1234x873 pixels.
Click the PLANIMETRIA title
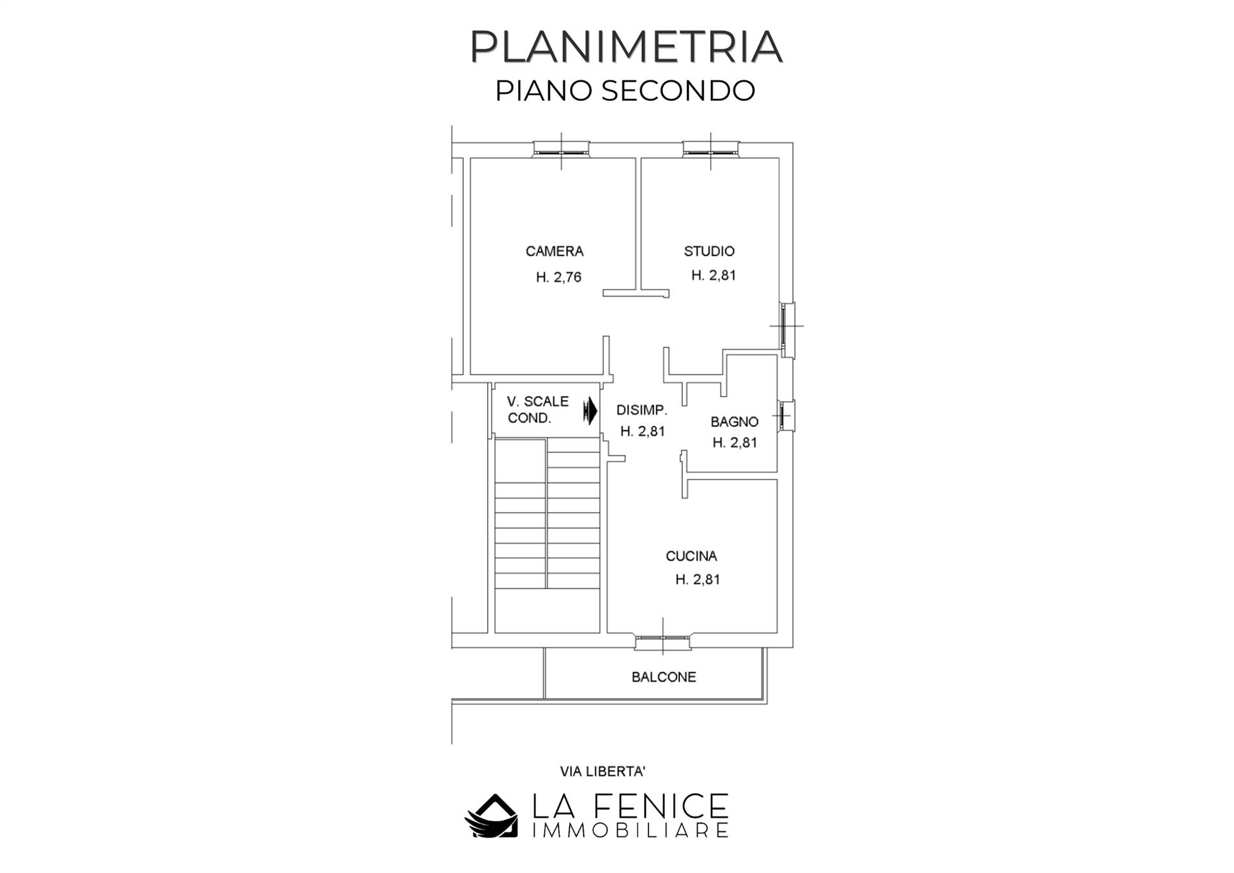tap(625, 46)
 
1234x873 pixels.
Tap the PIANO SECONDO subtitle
tap(625, 91)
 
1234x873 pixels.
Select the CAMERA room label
tap(554, 251)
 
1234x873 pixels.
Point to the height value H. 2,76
tap(559, 277)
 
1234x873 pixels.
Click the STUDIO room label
tap(709, 251)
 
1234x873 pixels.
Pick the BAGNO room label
tap(734, 422)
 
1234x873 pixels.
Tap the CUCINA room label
tap(691, 556)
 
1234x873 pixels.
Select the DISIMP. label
tap(641, 410)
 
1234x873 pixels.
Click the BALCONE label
tap(663, 677)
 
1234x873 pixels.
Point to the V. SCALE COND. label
tap(537, 410)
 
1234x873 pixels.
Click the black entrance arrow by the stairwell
tap(590, 410)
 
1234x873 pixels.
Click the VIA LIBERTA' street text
tap(602, 771)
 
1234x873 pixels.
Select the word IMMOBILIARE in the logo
tap(630, 831)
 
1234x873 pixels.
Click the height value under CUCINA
tap(697, 580)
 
